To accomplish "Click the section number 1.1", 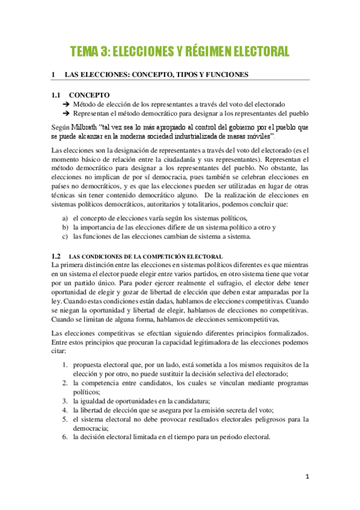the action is point(56,95).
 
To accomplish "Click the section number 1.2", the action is point(56,256).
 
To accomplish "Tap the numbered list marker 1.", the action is point(65,364).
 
